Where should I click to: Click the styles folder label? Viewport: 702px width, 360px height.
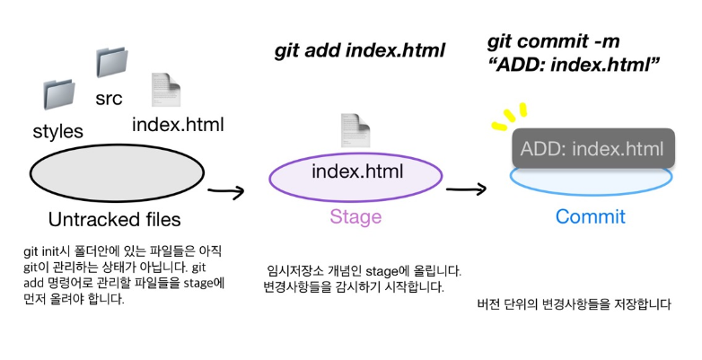click(x=57, y=131)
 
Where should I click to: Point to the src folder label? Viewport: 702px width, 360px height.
click(x=109, y=98)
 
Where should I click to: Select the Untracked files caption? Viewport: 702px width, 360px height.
click(x=115, y=219)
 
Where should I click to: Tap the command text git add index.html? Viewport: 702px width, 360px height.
click(x=359, y=51)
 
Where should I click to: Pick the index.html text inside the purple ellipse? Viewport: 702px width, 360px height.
click(x=356, y=171)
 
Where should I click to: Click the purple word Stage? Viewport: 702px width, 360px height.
click(x=355, y=217)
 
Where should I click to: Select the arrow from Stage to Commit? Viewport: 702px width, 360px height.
click(x=466, y=189)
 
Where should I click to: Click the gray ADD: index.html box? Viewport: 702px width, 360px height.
click(x=592, y=149)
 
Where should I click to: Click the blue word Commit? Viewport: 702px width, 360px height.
click(x=590, y=217)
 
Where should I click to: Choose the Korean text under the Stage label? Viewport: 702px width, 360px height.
click(x=364, y=278)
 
